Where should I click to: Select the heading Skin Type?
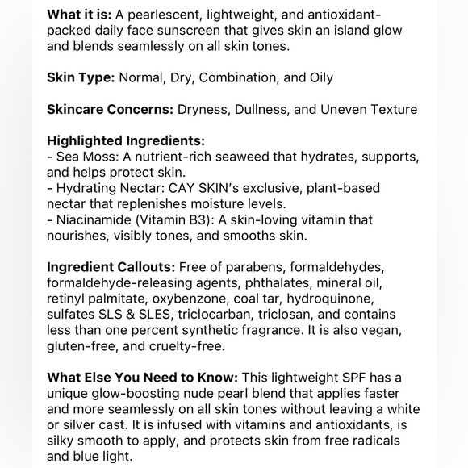pyautogui.click(x=80, y=77)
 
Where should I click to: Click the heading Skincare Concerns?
pyautogui.click(x=111, y=108)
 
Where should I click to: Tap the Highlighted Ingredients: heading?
pyautogui.click(x=126, y=140)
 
